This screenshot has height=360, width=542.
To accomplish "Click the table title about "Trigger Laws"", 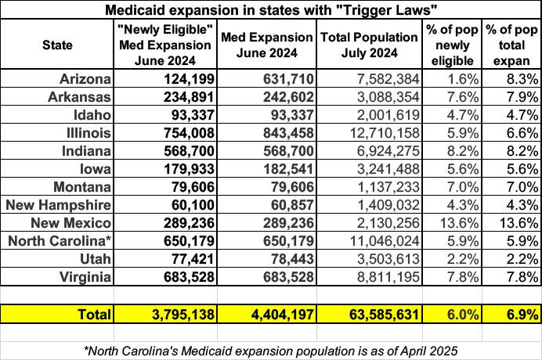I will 271,9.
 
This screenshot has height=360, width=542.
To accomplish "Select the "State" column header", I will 57,45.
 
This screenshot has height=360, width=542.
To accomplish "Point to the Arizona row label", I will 85,78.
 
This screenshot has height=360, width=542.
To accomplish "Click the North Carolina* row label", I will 60,239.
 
